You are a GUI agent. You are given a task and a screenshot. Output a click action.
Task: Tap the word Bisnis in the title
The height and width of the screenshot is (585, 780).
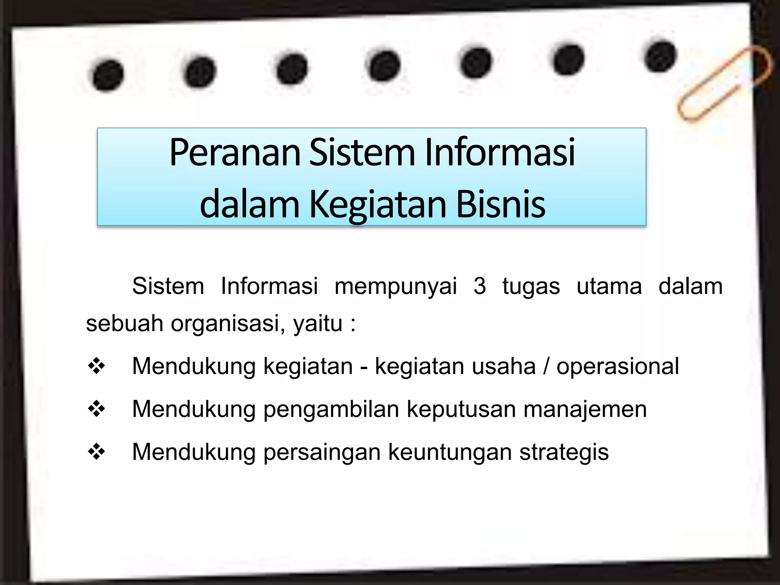[x=500, y=205]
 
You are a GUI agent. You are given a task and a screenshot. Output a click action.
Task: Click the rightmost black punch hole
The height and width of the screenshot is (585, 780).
[x=661, y=57]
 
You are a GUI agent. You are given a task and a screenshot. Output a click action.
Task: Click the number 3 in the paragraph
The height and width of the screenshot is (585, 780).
[x=480, y=286]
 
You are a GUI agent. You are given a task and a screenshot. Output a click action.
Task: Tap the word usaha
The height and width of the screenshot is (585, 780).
[x=503, y=366]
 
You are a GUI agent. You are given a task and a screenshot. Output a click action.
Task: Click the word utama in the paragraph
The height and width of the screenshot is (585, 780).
[x=609, y=286]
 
